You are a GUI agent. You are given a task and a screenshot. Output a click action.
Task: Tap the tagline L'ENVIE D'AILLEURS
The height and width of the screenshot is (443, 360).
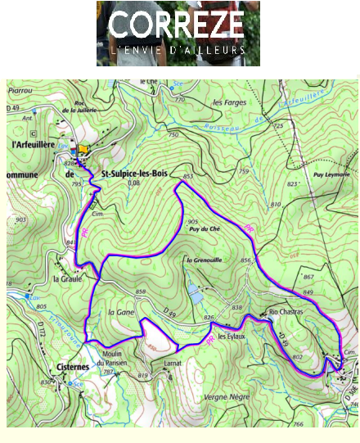[178, 50]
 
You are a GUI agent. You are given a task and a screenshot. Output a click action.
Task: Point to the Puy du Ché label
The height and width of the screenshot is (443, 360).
[205, 230]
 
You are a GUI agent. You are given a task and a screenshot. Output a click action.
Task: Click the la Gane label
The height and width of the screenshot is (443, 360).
[121, 312]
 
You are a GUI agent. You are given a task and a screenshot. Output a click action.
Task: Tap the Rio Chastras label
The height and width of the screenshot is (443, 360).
[286, 313]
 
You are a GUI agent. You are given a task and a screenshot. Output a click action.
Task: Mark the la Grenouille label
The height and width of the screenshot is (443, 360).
[205, 260]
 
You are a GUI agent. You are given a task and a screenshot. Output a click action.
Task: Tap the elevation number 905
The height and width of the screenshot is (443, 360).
[193, 222]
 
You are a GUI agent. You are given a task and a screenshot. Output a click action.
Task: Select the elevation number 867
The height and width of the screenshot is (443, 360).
[331, 277]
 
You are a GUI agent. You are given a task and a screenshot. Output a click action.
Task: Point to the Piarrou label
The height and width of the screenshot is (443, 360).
[21, 92]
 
